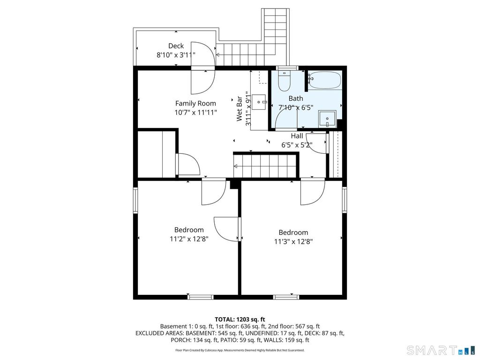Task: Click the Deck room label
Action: click(176, 46)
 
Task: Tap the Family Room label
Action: click(195, 104)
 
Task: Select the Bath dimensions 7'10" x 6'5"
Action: click(296, 108)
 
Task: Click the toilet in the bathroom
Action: click(284, 81)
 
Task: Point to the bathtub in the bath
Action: click(324, 80)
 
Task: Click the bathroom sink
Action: click(327, 119)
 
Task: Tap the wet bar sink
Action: click(260, 102)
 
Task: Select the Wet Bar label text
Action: click(239, 109)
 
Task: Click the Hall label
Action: click(297, 136)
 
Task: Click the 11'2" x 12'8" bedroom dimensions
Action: click(189, 239)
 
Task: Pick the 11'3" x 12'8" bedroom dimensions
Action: click(293, 241)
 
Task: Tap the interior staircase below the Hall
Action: click(265, 166)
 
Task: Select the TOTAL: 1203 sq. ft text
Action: click(240, 320)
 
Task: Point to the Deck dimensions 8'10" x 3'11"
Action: click(176, 55)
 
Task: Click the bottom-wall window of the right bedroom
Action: click(286, 297)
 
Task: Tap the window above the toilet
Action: click(287, 68)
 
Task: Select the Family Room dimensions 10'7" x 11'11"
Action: click(195, 112)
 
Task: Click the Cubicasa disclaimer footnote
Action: click(240, 350)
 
